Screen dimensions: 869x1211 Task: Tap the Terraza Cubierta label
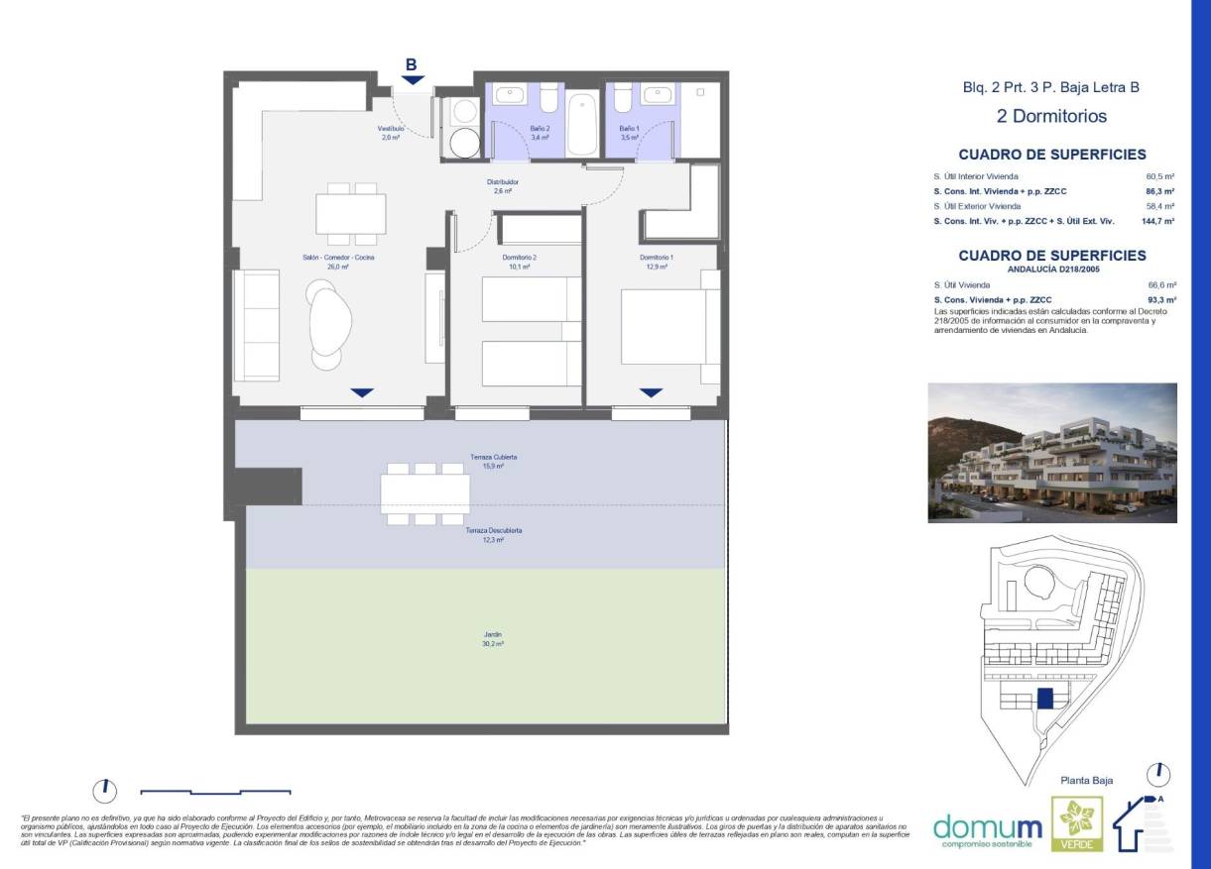click(493, 461)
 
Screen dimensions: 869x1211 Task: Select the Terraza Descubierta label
click(493, 535)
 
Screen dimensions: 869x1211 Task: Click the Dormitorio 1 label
click(656, 262)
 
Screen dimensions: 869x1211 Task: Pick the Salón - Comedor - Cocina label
click(338, 262)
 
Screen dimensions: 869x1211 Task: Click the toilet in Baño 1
click(623, 100)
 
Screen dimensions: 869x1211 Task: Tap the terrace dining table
click(424, 492)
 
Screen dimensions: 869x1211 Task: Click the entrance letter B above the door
click(412, 65)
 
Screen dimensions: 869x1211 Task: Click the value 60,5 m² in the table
click(1159, 176)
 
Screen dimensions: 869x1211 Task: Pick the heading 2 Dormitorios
click(1051, 116)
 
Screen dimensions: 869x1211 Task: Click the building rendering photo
click(1051, 453)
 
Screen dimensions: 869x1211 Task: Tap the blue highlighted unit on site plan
click(1044, 699)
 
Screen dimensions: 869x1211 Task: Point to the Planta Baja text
click(1087, 781)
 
